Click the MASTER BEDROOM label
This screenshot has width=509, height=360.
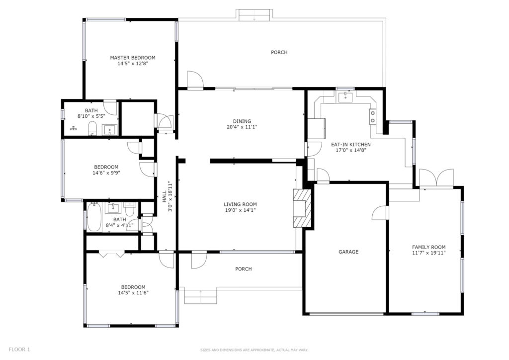point(132,58)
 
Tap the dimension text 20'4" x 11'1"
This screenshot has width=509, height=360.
point(242,127)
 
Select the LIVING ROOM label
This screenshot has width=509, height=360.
point(240,204)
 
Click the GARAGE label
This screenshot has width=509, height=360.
point(348,252)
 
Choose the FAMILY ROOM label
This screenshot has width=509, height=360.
point(428,247)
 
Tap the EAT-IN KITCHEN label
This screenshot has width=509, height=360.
point(350,145)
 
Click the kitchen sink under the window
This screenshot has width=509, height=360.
point(346,97)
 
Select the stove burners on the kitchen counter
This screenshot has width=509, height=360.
point(372,117)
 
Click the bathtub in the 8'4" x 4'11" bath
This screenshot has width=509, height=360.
point(94,216)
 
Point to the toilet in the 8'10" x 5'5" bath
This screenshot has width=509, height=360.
point(92,128)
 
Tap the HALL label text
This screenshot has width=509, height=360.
point(164,197)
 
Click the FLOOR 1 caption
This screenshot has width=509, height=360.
point(19,350)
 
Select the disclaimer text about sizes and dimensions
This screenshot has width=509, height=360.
point(254,350)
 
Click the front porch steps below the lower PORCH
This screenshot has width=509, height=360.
point(200,296)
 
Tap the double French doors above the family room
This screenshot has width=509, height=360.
point(436,178)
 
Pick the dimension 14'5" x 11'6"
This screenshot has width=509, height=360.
point(133,293)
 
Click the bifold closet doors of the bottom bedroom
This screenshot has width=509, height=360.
point(112,254)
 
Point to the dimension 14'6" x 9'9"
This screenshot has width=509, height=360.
point(106,173)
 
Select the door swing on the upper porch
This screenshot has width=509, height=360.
point(195,79)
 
